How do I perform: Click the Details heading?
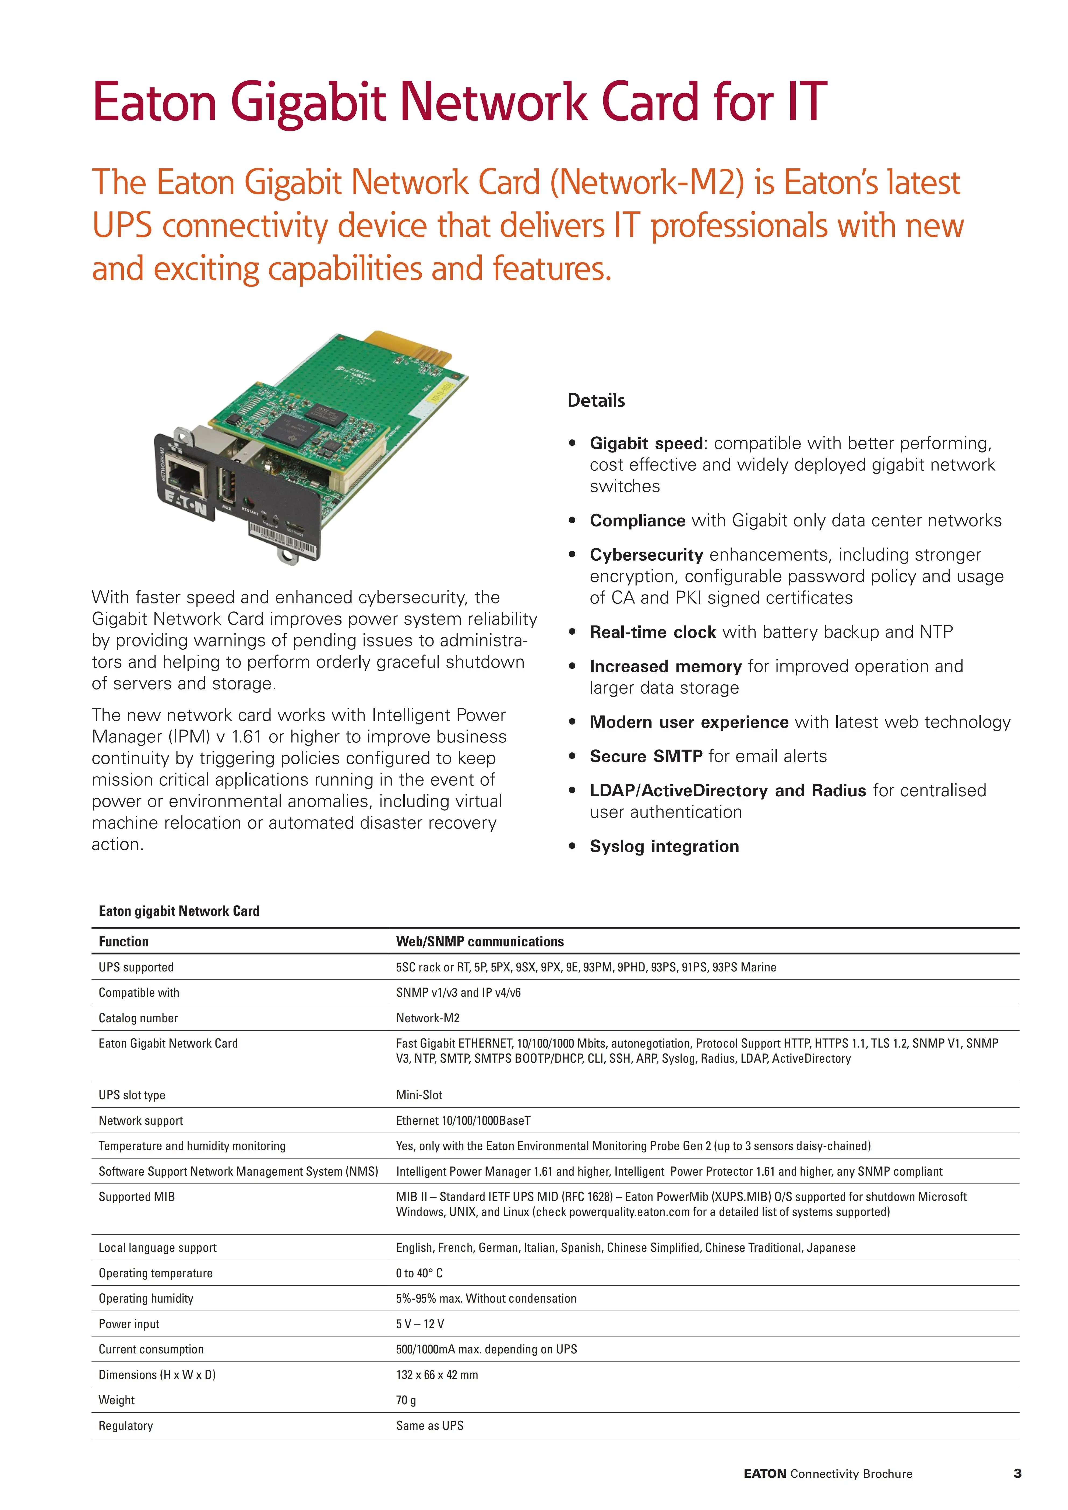click(x=596, y=401)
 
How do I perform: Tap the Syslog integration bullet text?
click(x=664, y=846)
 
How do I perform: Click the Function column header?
click(x=124, y=941)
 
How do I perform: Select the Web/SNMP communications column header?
click(x=480, y=941)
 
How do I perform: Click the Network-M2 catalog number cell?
click(x=428, y=1018)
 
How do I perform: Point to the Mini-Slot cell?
click(x=419, y=1095)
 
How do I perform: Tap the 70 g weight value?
click(x=406, y=1400)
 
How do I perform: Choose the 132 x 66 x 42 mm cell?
click(x=437, y=1374)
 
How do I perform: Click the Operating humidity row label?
click(x=146, y=1298)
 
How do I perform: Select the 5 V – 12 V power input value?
click(x=420, y=1324)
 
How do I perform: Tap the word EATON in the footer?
click(x=765, y=1474)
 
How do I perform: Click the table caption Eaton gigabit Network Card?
click(x=179, y=911)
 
